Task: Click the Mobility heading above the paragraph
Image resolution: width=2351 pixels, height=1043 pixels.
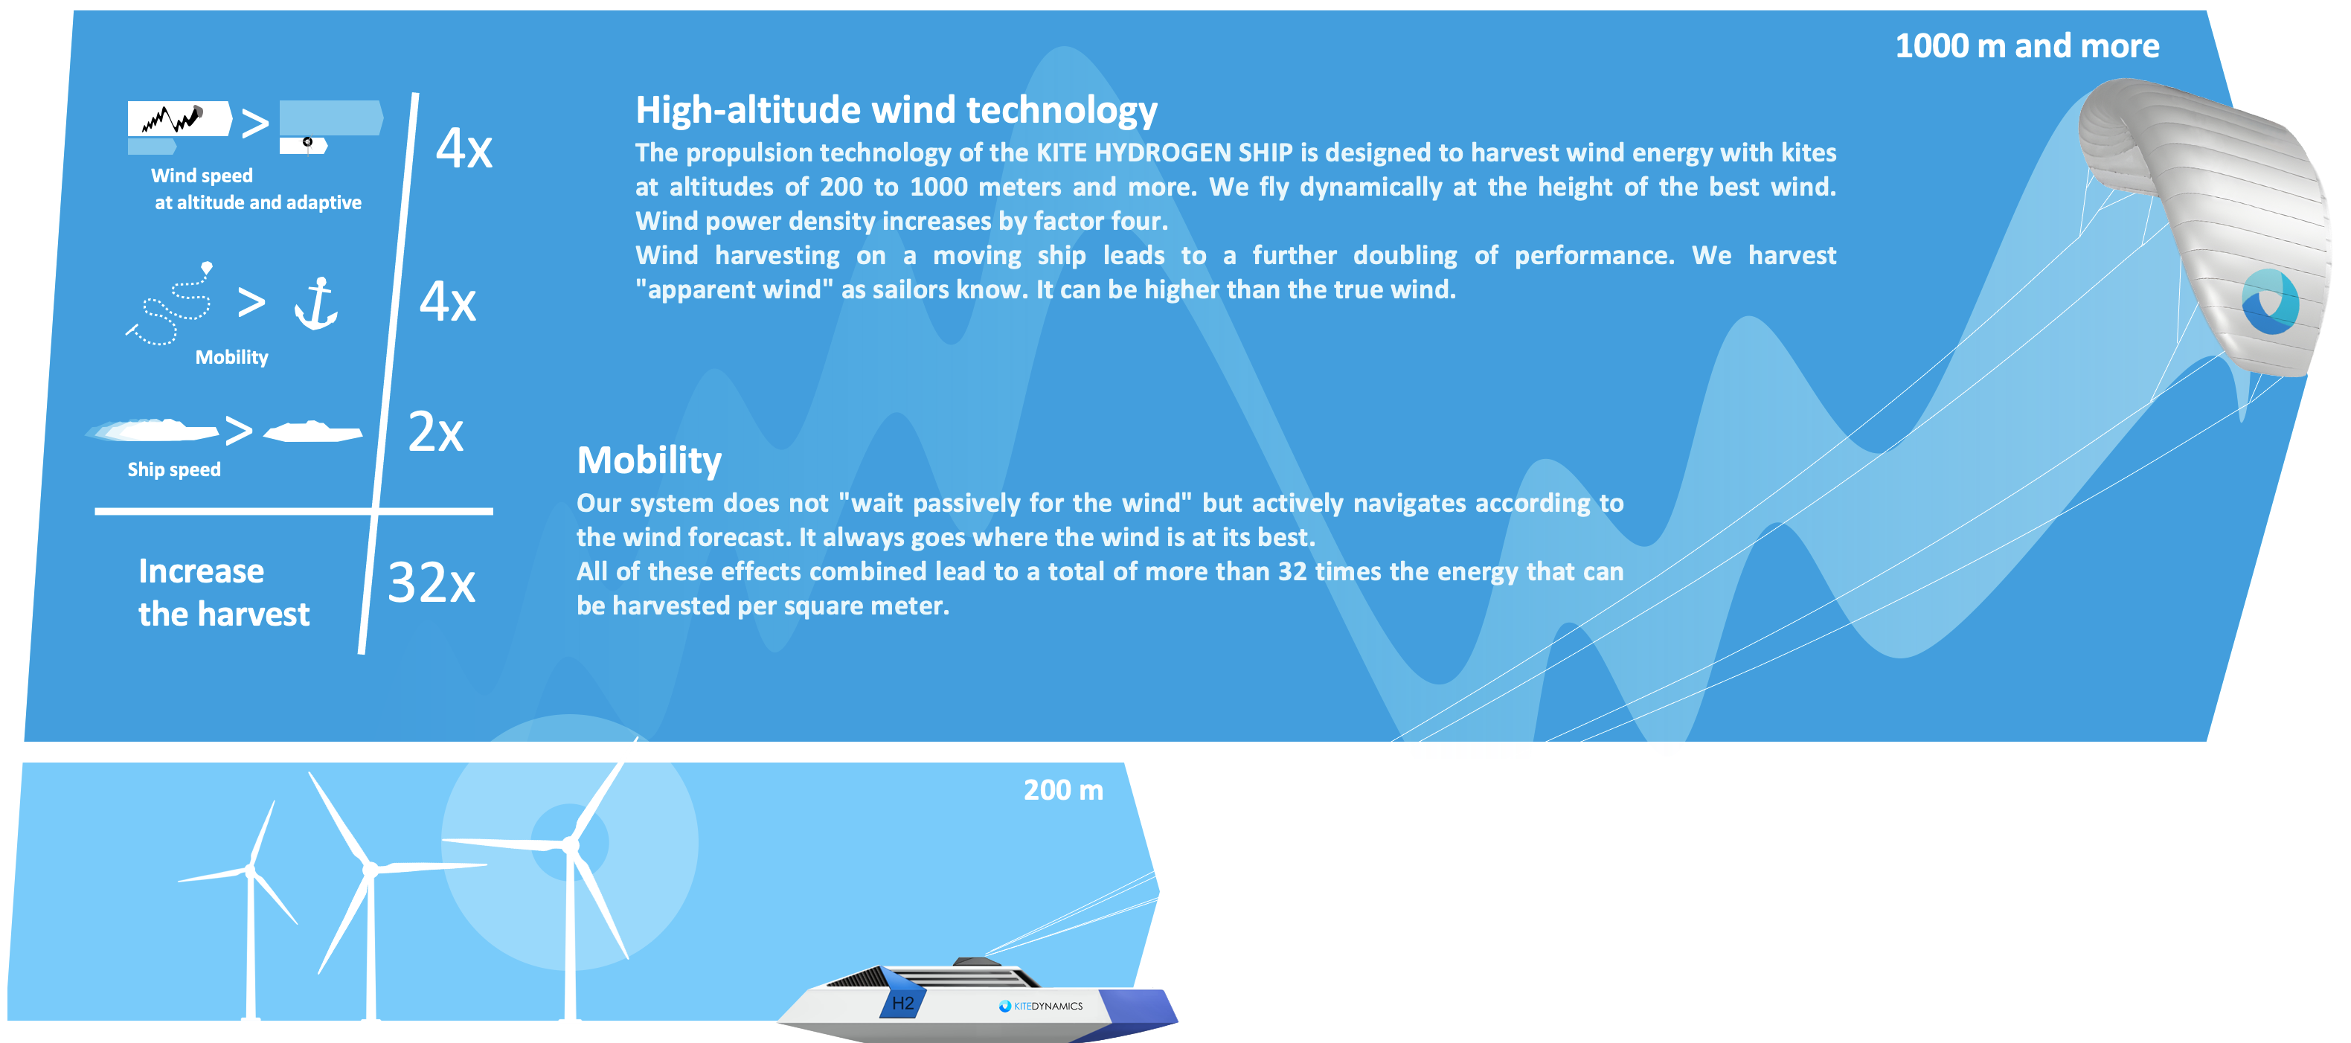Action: (649, 460)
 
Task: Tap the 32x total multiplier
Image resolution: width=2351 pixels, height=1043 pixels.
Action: (431, 583)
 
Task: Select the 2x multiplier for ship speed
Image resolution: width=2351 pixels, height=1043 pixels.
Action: (435, 431)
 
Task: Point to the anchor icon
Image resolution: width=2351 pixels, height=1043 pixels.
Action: (315, 303)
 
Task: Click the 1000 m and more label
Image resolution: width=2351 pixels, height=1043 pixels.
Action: (2027, 45)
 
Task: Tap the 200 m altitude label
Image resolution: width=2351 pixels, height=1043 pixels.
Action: (1063, 789)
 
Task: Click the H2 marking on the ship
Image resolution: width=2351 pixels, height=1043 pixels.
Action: (902, 1003)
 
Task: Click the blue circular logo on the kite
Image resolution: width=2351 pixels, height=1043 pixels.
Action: (2270, 301)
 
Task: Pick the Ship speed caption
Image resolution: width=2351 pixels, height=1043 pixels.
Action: (173, 470)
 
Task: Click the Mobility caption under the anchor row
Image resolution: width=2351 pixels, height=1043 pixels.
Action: (232, 357)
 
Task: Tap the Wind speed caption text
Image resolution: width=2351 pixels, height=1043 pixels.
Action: (202, 176)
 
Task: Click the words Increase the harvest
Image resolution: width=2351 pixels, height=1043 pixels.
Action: (224, 592)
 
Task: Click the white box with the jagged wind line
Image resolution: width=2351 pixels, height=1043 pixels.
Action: (179, 118)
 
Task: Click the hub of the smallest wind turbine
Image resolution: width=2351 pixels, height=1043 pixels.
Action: (251, 870)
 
